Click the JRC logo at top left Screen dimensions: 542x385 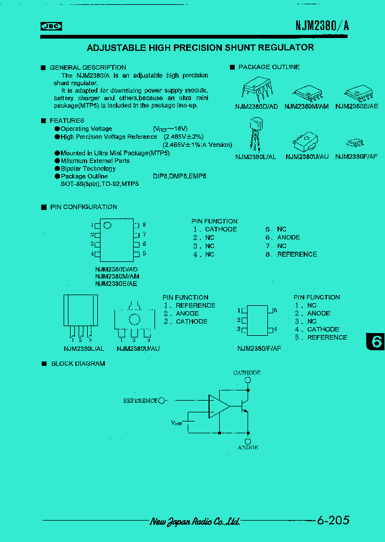click(x=52, y=25)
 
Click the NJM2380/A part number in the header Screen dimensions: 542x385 click(x=322, y=26)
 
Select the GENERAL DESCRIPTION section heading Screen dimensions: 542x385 click(x=88, y=67)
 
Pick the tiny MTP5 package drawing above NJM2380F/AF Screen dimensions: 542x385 click(x=355, y=143)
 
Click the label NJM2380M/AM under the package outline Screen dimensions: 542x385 click(x=306, y=106)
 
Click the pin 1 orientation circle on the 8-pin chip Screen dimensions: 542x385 click(x=107, y=225)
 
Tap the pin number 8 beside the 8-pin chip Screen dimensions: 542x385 click(x=144, y=225)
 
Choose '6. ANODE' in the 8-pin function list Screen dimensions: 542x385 click(x=283, y=237)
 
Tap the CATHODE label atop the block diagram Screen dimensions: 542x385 click(x=247, y=373)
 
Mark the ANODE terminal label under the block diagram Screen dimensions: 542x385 click(x=248, y=447)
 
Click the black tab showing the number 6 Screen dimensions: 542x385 click(x=375, y=342)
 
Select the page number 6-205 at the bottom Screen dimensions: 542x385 click(x=333, y=520)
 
